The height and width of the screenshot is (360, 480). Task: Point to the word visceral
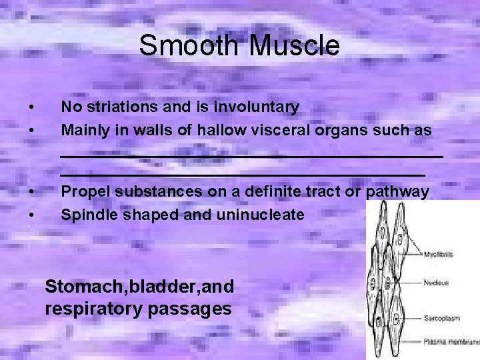283,130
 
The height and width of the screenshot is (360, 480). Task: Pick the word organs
340,130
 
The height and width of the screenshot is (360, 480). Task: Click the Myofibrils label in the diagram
439,254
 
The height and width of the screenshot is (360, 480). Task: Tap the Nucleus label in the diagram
436,283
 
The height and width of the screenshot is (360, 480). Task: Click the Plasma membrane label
451,341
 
